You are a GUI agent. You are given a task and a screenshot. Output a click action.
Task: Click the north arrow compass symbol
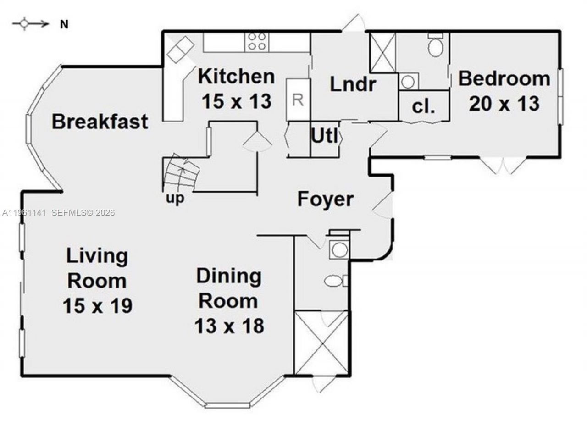[30, 24]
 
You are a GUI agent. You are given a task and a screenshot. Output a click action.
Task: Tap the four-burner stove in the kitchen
[257, 41]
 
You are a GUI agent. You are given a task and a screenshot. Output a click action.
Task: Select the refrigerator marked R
[298, 100]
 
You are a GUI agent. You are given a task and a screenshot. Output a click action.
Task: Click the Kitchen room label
[236, 76]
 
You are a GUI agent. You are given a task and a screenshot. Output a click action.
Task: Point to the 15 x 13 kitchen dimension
[236, 101]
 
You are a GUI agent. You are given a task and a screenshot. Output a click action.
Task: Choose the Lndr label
[353, 84]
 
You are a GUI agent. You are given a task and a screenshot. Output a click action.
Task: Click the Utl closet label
[325, 136]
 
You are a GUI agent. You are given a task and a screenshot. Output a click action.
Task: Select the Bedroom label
[504, 78]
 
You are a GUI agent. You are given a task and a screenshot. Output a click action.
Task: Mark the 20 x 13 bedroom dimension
[504, 104]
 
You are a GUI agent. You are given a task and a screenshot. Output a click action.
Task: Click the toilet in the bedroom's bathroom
[436, 46]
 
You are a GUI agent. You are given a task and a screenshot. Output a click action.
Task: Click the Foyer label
[325, 199]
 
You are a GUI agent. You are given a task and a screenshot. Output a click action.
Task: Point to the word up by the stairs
[175, 199]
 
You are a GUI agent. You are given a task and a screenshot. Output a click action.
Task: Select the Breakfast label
[100, 122]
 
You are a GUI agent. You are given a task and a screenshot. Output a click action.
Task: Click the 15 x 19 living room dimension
[97, 305]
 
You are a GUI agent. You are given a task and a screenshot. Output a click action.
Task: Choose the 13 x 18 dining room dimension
[229, 326]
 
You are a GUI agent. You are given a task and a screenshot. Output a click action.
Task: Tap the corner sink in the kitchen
[180, 50]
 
